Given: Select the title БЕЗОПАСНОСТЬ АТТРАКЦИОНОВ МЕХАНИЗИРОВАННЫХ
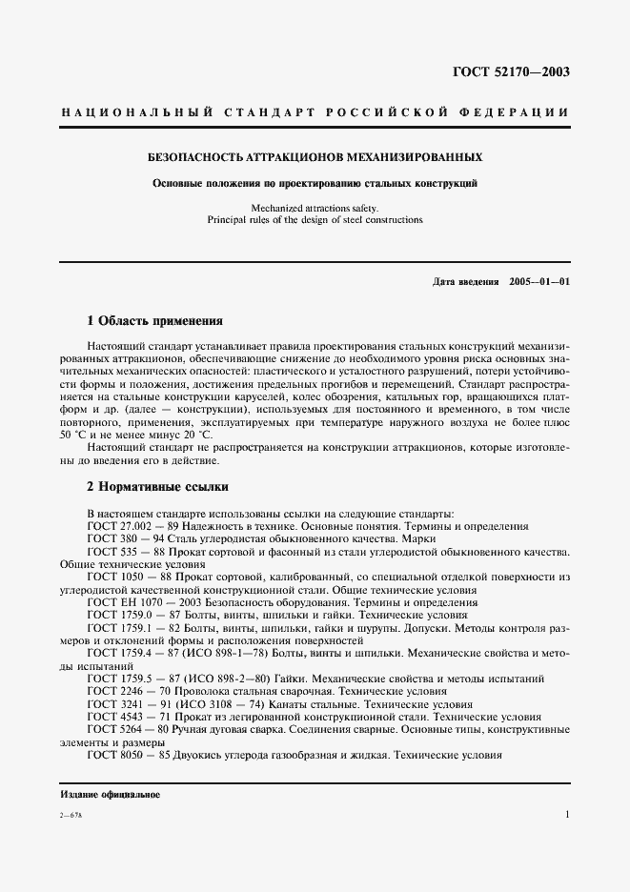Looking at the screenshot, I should (315, 155).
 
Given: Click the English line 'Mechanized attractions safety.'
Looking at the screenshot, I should (315, 207).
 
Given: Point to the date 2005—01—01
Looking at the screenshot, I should (539, 282).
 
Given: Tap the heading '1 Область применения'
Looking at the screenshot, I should (154, 321).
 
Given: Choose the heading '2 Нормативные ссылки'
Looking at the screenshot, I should (157, 486).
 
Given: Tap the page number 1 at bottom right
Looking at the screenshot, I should (566, 815).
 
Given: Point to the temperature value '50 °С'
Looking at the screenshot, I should (74, 435).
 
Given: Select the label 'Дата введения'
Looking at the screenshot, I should (465, 282).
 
